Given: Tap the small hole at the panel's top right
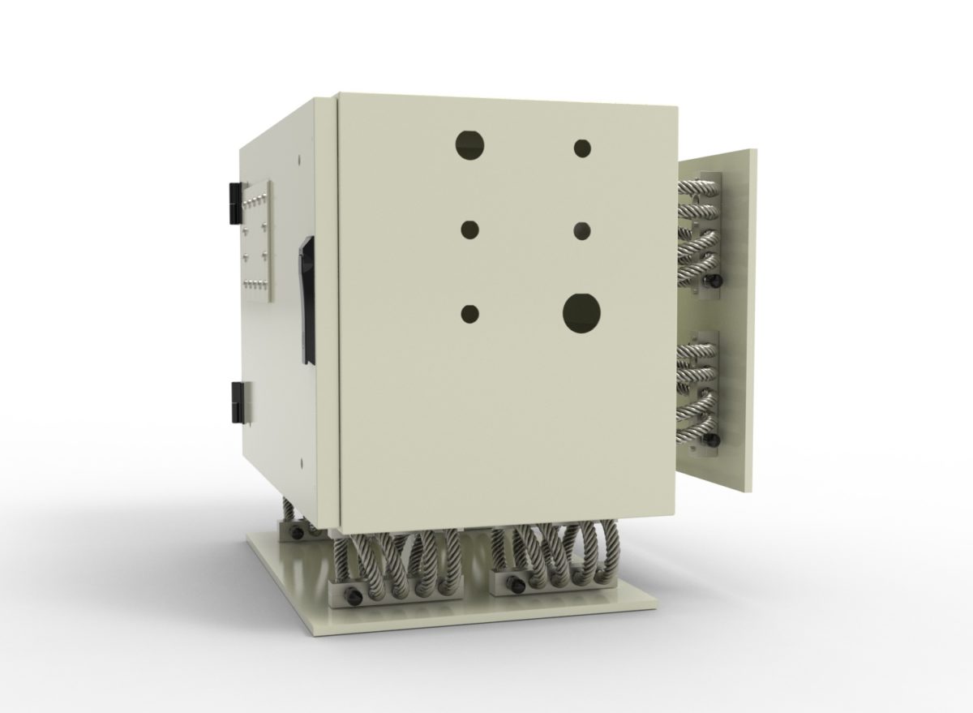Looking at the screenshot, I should point(582,148).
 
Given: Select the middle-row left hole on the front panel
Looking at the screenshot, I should point(470,230).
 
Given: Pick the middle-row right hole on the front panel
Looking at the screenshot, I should point(581,231).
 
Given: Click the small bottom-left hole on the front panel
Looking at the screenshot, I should point(469,313).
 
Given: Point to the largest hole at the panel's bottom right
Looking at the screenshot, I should point(582,314).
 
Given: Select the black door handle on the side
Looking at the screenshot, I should point(306,299).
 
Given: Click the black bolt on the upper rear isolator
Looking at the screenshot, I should point(713,281).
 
